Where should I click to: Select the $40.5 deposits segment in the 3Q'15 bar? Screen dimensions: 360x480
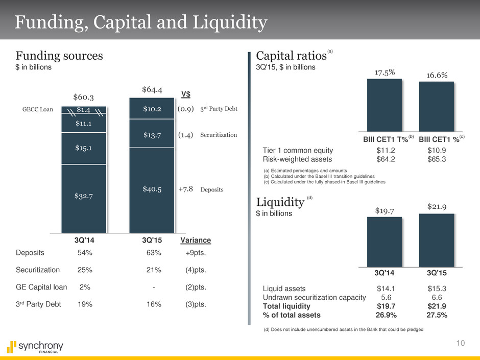point(152,189)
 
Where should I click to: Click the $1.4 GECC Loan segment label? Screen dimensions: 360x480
point(84,109)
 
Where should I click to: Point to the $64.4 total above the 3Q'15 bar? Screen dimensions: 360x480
point(152,90)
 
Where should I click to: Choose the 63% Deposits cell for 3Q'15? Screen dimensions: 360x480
point(154,252)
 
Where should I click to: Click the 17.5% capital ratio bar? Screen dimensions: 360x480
point(385,105)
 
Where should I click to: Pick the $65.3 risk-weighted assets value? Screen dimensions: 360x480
point(437,159)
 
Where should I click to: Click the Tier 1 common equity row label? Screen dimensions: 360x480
point(298,150)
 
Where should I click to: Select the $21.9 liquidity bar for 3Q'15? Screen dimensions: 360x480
point(437,239)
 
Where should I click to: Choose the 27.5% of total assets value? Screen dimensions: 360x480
point(437,315)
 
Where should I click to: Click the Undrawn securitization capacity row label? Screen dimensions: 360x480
point(314,298)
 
